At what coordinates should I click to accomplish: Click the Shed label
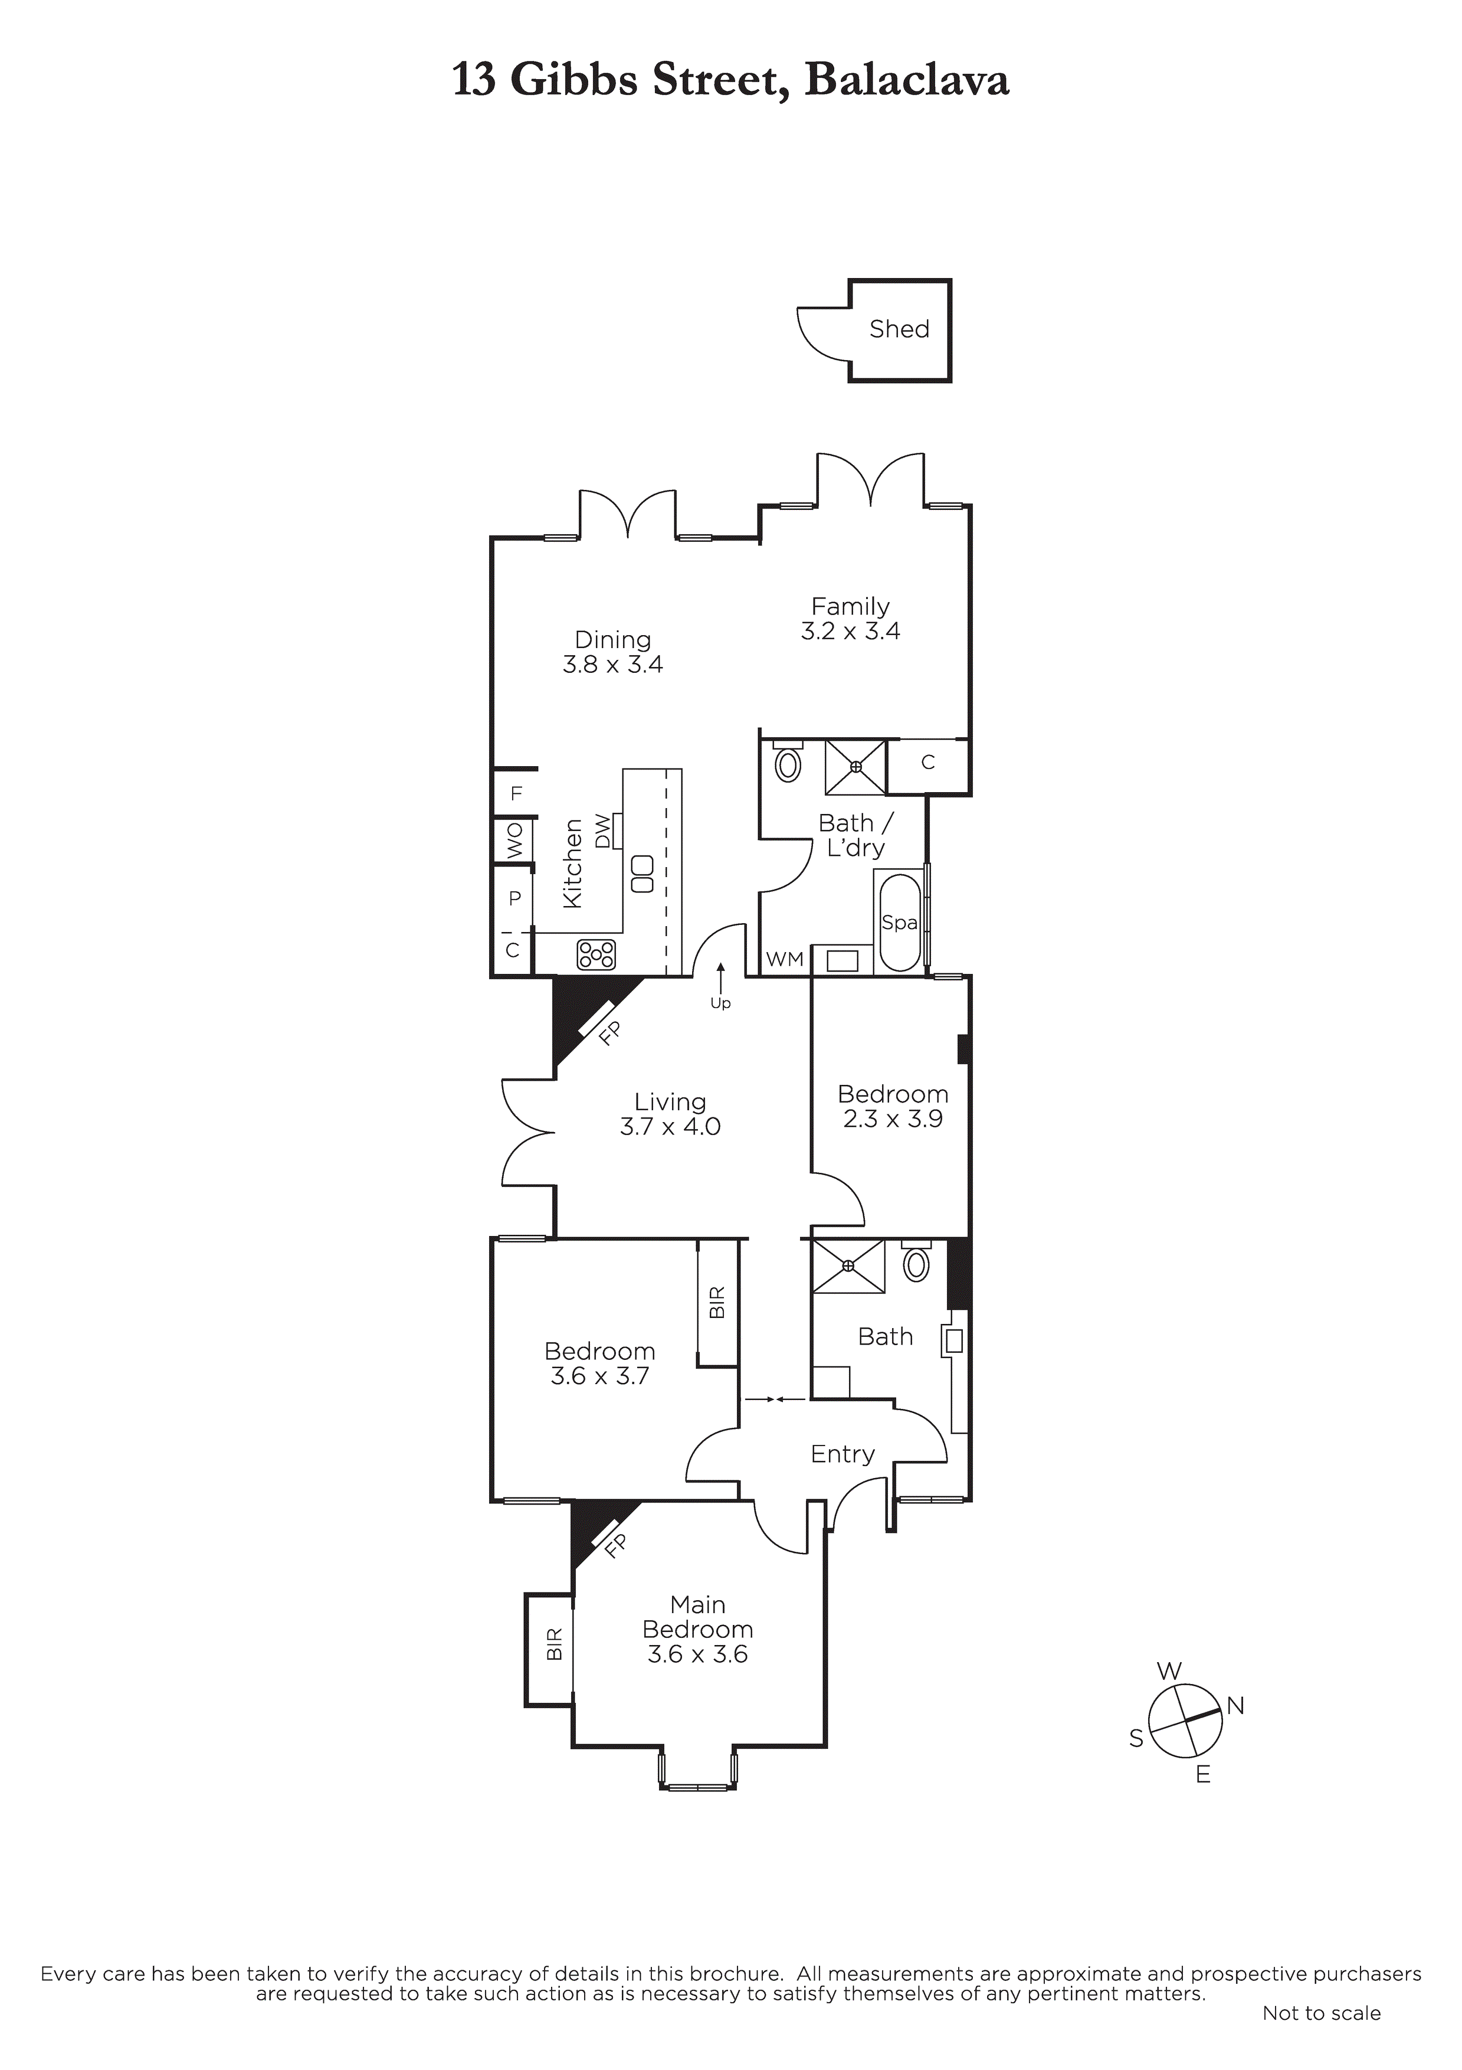click(899, 329)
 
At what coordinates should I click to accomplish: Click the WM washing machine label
click(784, 959)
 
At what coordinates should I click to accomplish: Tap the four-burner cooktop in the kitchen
click(596, 954)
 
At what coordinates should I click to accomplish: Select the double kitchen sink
click(642, 874)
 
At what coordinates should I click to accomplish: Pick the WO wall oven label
click(514, 841)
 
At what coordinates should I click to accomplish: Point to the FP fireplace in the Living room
click(610, 1032)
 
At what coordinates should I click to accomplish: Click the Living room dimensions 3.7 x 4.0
click(670, 1126)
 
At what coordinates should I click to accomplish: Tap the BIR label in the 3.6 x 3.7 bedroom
click(717, 1303)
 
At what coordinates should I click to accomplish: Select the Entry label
click(842, 1453)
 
